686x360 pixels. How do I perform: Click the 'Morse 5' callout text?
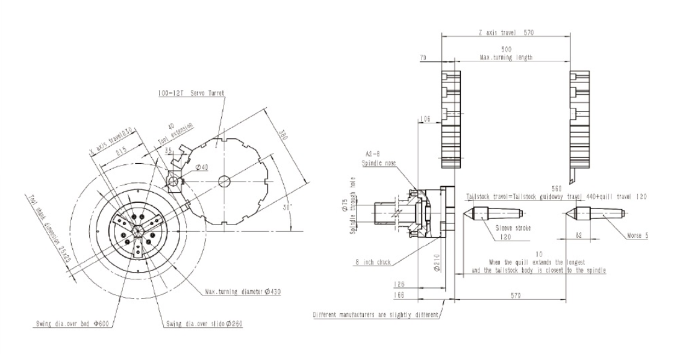pyautogui.click(x=637, y=235)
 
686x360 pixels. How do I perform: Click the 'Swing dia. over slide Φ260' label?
pyautogui.click(x=205, y=323)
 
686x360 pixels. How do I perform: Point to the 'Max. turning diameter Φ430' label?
pyautogui.click(x=243, y=291)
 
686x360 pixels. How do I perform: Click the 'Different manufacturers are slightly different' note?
pyautogui.click(x=376, y=315)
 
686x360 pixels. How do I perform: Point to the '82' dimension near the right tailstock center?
pyautogui.click(x=578, y=235)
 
